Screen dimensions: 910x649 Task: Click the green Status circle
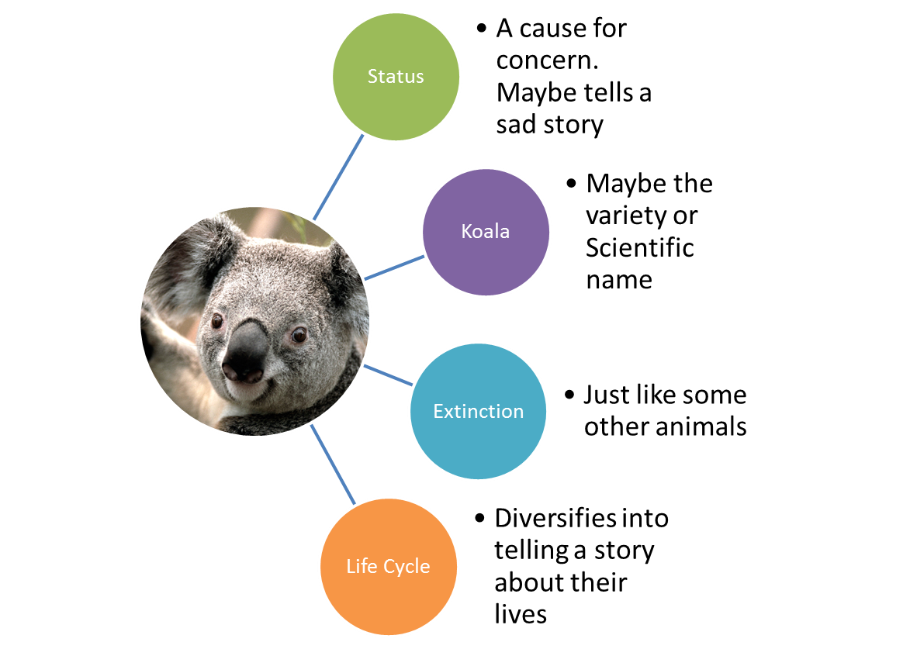coord(396,77)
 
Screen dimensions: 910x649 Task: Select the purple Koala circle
coord(486,232)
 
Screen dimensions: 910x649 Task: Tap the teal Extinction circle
coord(478,411)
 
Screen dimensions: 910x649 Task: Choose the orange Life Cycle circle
coord(388,566)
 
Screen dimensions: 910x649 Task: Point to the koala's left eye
coord(217,320)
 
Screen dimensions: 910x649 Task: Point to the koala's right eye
coord(298,335)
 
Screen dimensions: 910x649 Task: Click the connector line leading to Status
coord(337,177)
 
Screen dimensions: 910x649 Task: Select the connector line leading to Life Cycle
coord(334,465)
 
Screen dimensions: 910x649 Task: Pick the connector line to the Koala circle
coord(394,267)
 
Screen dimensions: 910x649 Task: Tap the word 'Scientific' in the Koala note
coord(639,247)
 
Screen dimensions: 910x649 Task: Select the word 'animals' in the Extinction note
coord(706,426)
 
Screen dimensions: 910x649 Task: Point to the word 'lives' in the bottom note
coord(521,614)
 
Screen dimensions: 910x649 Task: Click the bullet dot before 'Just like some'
coord(571,395)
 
